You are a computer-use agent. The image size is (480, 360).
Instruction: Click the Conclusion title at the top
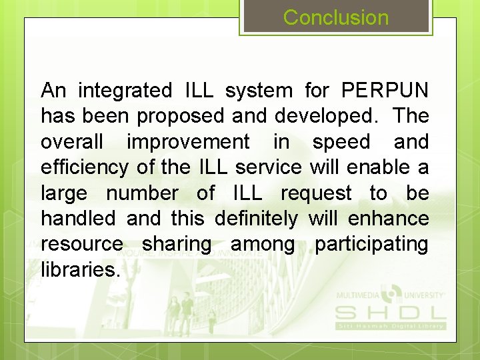tap(336, 17)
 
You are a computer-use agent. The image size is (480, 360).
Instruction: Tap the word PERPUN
tap(385, 90)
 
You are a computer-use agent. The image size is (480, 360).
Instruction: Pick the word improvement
tap(188, 141)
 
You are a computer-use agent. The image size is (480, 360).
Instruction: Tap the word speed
tap(341, 141)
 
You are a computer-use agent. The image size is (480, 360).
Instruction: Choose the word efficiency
tap(84, 167)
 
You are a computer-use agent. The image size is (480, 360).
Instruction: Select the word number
tap(142, 193)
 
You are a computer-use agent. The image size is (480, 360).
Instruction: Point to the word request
tap(316, 193)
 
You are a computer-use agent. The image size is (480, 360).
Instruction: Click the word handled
tap(78, 219)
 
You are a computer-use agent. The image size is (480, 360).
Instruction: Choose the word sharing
tap(176, 244)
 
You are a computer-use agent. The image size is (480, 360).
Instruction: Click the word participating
tap(371, 244)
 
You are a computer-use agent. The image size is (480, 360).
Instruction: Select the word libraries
tap(81, 270)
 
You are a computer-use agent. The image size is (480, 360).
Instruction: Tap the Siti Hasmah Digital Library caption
tap(390, 325)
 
